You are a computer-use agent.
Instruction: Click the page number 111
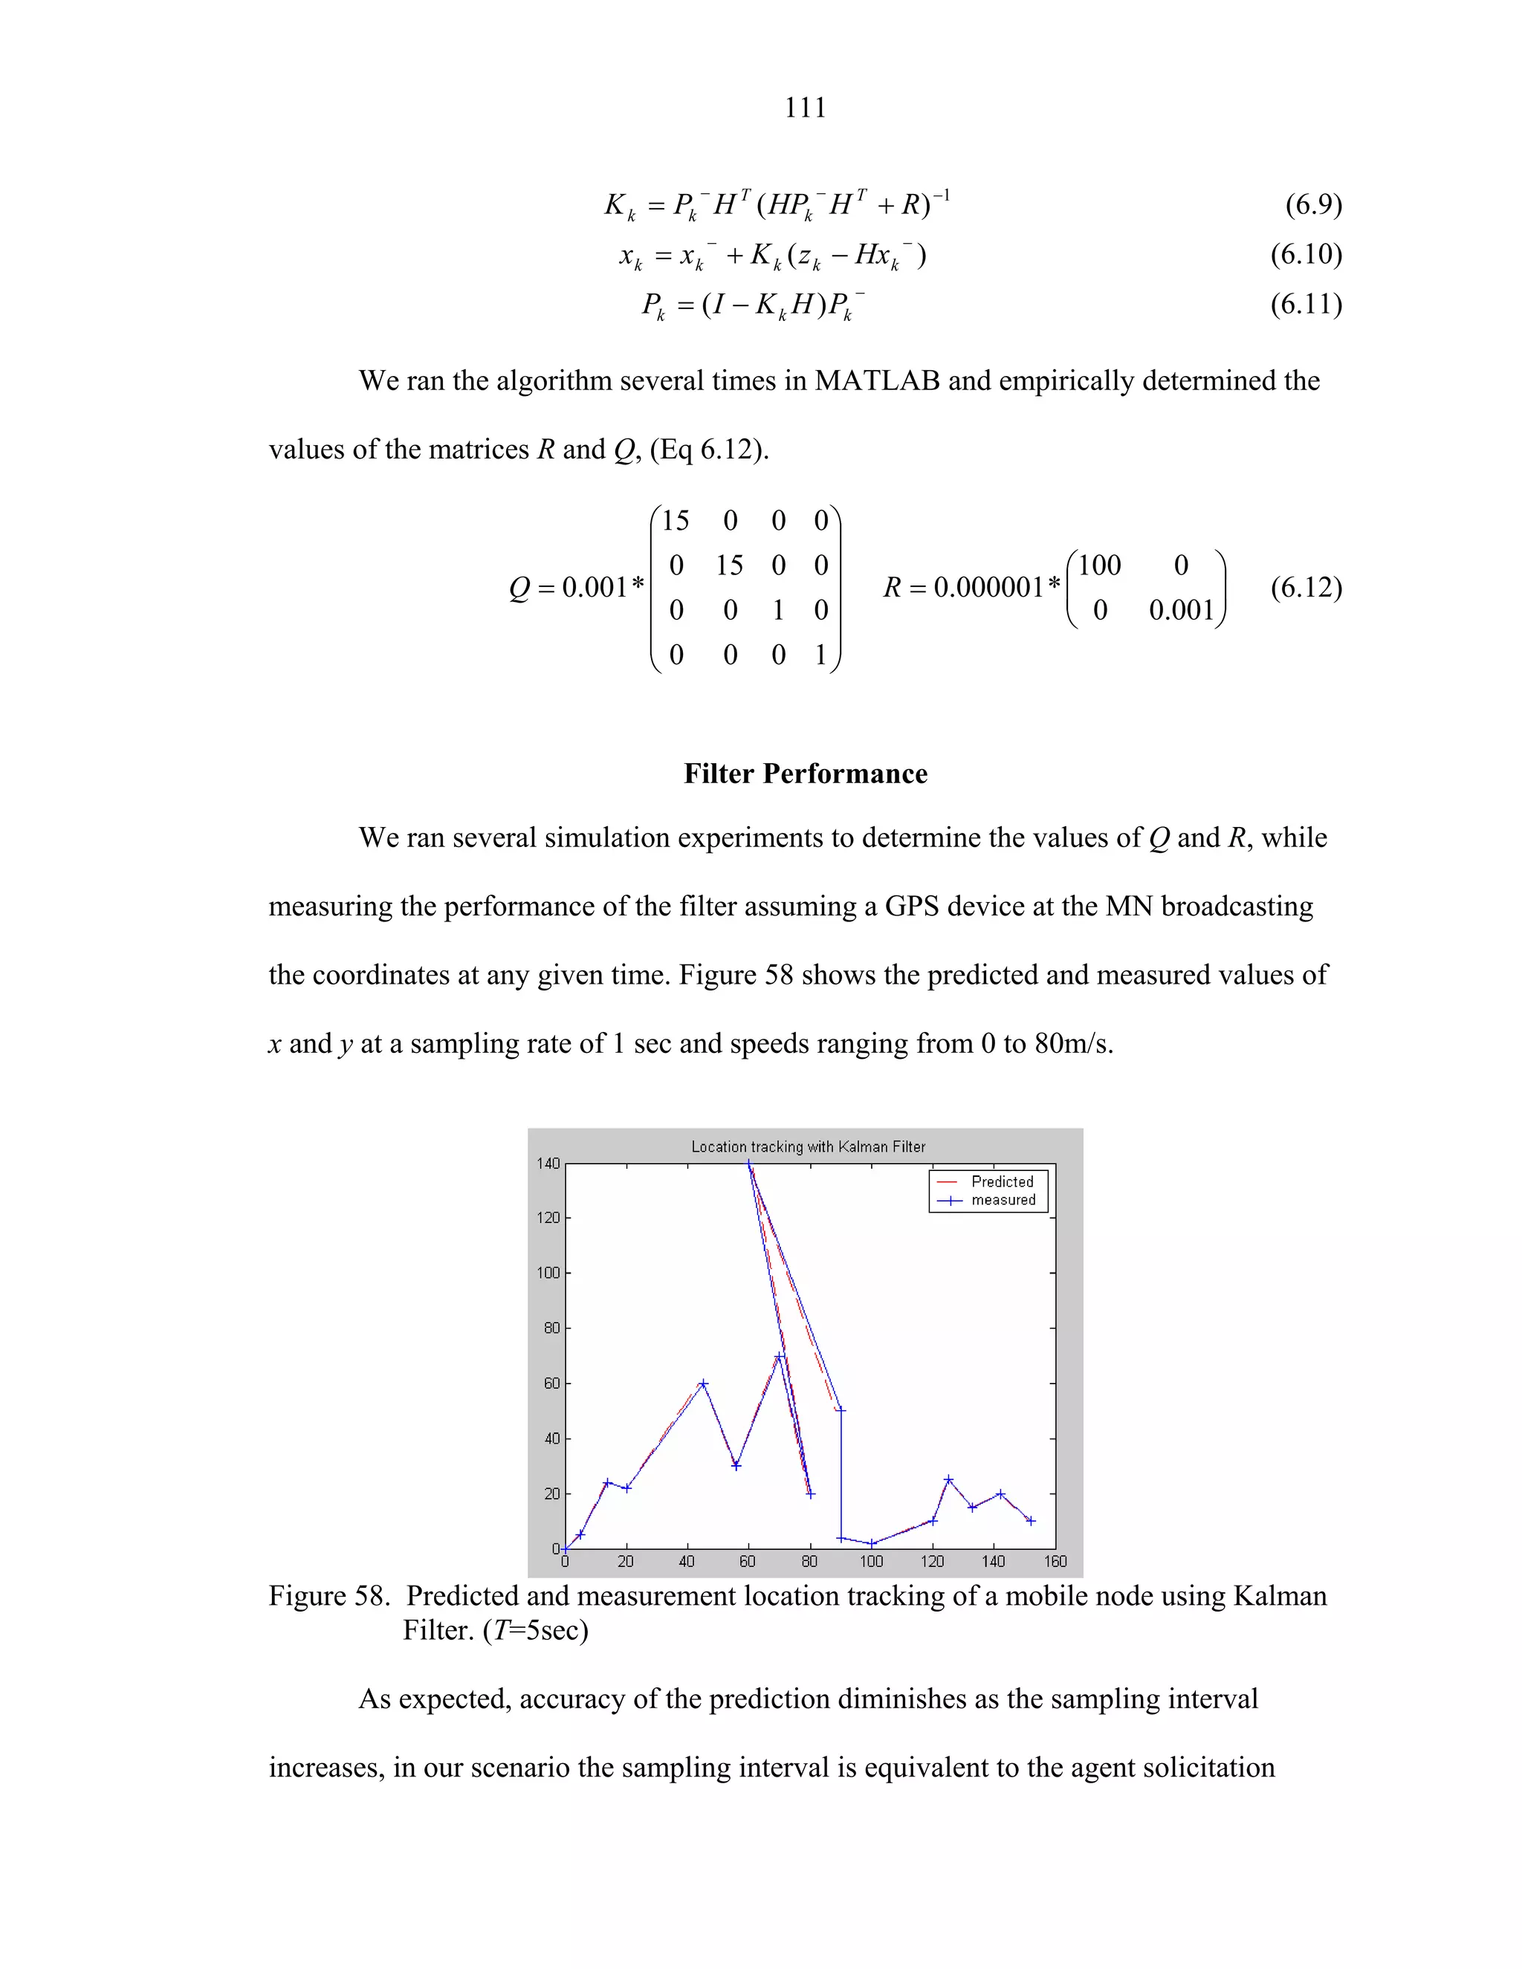[804, 108]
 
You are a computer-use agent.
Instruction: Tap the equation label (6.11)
[1306, 304]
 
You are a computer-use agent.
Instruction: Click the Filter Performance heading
[805, 773]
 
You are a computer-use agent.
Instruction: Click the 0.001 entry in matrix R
[1181, 610]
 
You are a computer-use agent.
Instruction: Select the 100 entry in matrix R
[1099, 565]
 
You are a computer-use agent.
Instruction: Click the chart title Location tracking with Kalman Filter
[808, 1146]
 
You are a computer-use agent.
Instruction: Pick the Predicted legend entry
[1002, 1182]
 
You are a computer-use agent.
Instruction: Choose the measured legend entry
[1003, 1200]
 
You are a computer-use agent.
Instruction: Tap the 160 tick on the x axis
[1055, 1562]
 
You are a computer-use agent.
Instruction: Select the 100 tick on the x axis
[871, 1562]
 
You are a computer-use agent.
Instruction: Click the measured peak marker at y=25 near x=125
[948, 1480]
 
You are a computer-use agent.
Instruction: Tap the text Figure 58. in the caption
[329, 1597]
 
